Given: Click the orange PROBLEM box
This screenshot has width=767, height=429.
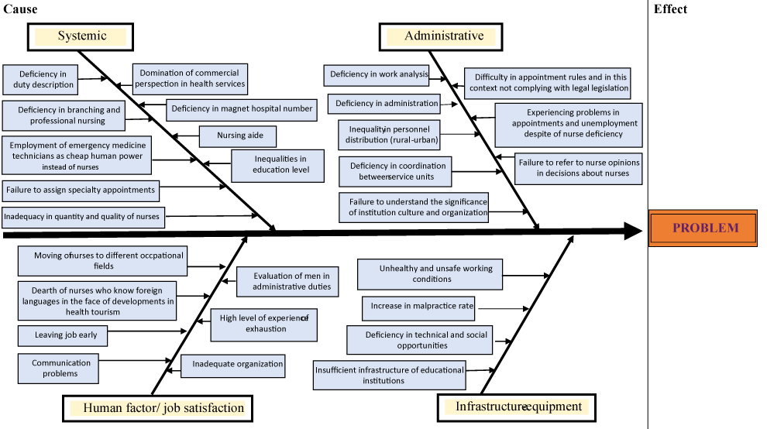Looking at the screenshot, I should click(703, 228).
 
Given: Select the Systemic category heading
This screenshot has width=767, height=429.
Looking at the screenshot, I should click(81, 36).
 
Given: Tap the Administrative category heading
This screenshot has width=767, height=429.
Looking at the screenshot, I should click(443, 36).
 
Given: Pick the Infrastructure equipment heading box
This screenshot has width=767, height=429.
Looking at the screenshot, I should click(518, 407).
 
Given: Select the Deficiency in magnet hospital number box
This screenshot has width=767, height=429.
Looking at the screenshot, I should click(242, 108).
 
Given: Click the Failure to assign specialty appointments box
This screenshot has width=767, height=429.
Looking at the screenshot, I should click(81, 189).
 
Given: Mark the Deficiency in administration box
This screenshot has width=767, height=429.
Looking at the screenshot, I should click(387, 104).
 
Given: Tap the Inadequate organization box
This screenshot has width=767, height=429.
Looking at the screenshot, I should click(232, 364).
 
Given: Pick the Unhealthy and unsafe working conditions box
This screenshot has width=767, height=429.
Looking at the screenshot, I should click(430, 274).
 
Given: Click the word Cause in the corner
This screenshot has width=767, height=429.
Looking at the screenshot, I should click(20, 9).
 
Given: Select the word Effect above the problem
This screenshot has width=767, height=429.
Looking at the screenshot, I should click(670, 9).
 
